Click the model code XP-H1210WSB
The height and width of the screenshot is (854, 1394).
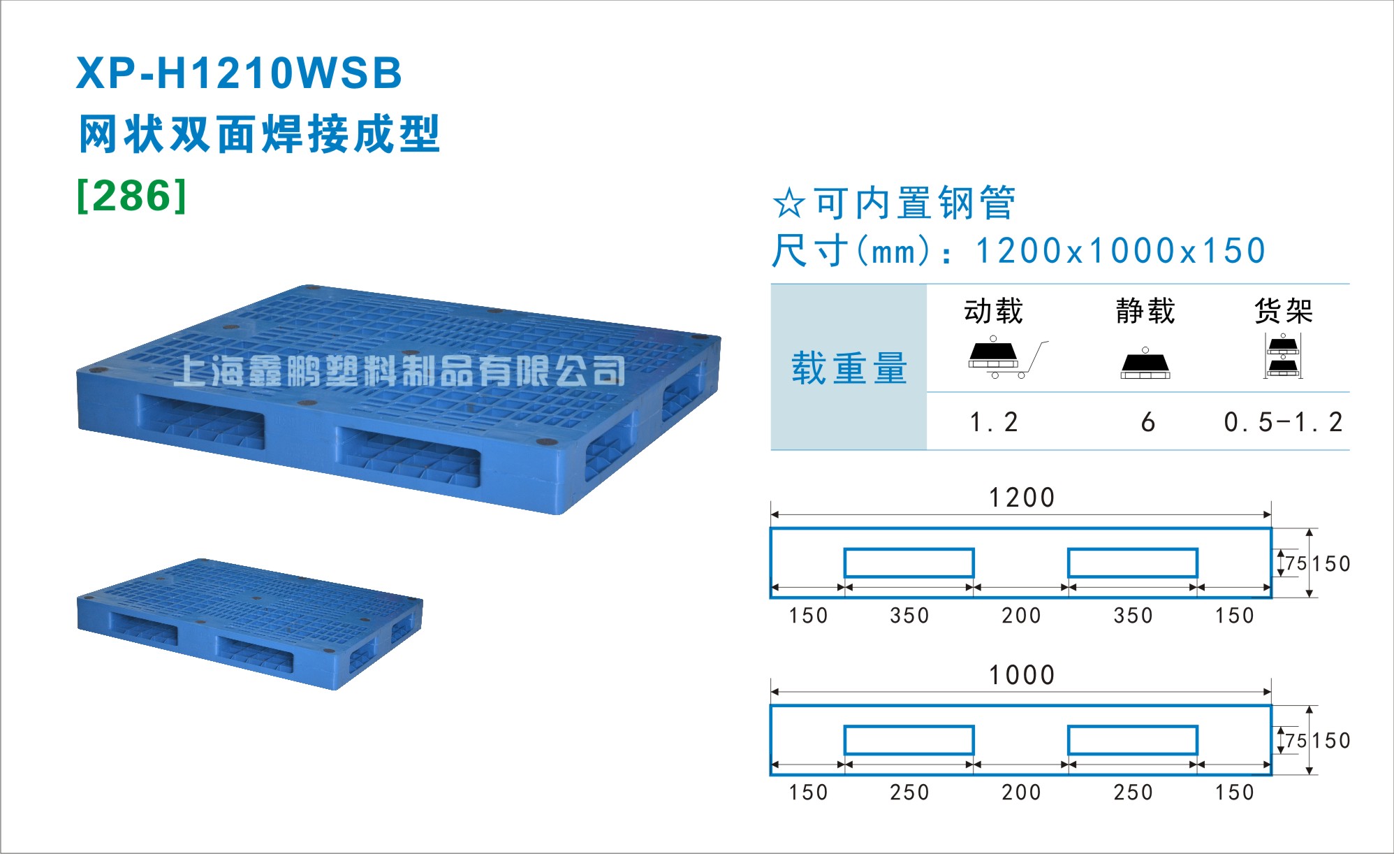click(x=239, y=73)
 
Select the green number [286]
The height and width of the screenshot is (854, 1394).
click(x=132, y=196)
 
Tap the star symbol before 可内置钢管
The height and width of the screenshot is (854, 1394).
click(x=789, y=203)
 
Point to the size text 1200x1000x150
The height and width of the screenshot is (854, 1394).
click(x=1120, y=251)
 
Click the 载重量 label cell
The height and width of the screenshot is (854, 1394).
click(x=849, y=368)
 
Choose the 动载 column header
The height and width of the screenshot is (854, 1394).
click(x=994, y=311)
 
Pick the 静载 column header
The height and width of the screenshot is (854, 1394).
click(x=1145, y=311)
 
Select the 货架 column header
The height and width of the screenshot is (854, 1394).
click(x=1284, y=311)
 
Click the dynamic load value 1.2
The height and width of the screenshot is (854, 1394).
click(x=994, y=422)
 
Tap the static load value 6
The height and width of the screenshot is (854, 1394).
click(x=1147, y=422)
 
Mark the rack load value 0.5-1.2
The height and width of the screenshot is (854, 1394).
click(x=1284, y=422)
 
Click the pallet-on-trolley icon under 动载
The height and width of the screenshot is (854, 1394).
click(x=1008, y=357)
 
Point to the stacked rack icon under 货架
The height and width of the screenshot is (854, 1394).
click(x=1283, y=356)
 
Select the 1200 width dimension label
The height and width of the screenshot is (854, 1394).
click(x=1021, y=498)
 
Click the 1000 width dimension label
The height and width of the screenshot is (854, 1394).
click(x=1021, y=675)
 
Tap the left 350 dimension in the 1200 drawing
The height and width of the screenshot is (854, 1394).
click(x=909, y=616)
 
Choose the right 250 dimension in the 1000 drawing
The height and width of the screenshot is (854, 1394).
click(x=1133, y=793)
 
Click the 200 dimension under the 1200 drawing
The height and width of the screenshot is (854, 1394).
click(x=1021, y=616)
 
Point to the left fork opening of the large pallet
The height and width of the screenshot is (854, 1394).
click(x=201, y=421)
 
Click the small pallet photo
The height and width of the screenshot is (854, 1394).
click(x=249, y=623)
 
